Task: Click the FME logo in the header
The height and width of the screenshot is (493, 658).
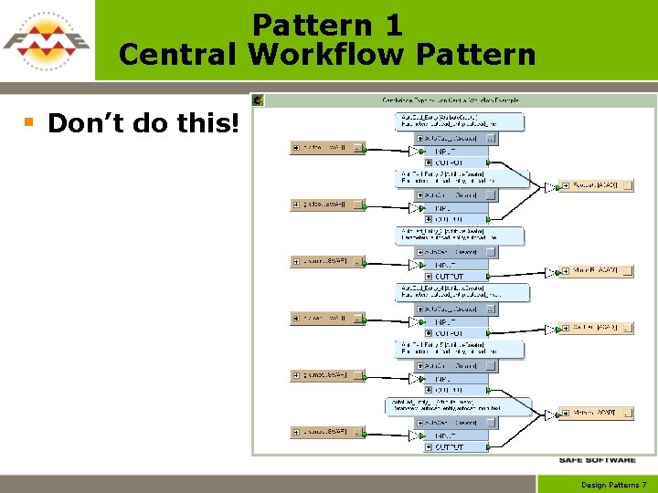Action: point(47,40)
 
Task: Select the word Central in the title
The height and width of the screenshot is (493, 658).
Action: point(179,55)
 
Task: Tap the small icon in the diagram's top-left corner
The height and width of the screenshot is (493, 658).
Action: point(259,100)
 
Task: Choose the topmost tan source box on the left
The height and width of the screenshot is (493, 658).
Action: point(327,147)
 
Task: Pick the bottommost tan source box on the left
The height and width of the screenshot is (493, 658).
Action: point(327,432)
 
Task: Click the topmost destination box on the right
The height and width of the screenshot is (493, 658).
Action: point(596,185)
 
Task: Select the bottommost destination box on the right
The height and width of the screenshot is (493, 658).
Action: point(596,413)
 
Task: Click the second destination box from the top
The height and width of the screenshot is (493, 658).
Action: point(596,270)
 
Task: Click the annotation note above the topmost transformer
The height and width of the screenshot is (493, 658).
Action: point(458,121)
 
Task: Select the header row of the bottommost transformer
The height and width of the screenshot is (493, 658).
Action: point(453,423)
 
